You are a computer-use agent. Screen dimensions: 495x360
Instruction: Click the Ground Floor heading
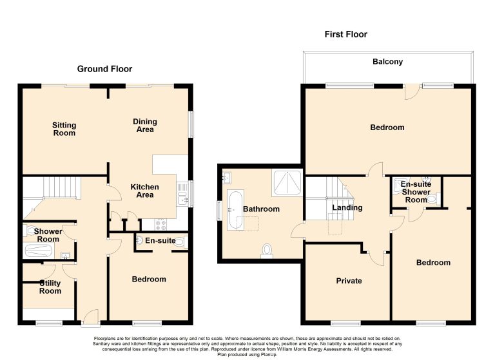(x=104, y=69)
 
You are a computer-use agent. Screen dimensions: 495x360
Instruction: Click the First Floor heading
(x=345, y=34)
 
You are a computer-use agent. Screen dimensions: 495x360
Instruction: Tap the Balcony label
(x=387, y=62)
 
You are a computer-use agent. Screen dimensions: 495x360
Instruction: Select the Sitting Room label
(x=64, y=129)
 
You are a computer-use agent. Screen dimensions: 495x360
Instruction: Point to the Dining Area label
(x=145, y=126)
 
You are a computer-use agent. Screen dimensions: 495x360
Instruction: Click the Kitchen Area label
(x=145, y=191)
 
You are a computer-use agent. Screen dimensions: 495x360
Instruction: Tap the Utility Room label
(x=50, y=287)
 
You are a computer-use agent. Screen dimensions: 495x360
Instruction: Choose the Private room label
(x=349, y=281)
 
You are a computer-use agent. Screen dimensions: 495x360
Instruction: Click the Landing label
(x=347, y=207)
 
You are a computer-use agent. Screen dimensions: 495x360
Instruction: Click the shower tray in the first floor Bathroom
(x=287, y=183)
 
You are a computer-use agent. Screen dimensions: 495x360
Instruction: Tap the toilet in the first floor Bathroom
(x=267, y=251)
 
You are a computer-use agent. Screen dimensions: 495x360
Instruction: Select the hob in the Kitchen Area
(x=160, y=225)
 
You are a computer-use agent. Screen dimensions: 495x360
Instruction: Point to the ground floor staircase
(x=60, y=187)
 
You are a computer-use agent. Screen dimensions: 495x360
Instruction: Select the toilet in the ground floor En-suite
(x=180, y=242)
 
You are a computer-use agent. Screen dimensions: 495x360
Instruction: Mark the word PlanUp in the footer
(x=269, y=355)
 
